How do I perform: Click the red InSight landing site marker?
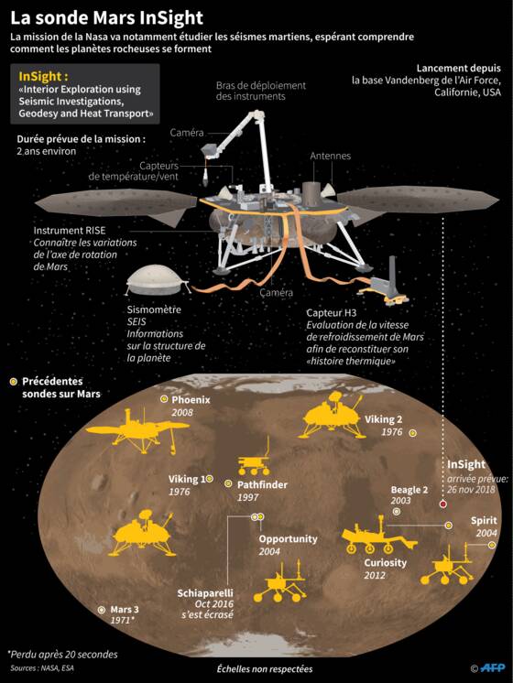pos(442,504)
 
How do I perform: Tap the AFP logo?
pos(493,667)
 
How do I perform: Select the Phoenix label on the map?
pos(191,399)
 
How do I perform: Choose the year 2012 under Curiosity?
pos(375,575)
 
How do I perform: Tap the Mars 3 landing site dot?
pos(102,610)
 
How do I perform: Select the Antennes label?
pos(331,156)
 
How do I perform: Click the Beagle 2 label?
pos(409,490)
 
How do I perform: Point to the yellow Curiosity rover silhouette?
pos(378,535)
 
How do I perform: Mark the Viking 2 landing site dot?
pos(412,433)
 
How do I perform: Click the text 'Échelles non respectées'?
pos(265,668)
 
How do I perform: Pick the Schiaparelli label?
pos(205,593)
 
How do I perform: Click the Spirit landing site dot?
pos(492,545)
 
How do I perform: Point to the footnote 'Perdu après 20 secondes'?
pos(62,655)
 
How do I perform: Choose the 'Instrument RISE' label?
pos(70,231)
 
